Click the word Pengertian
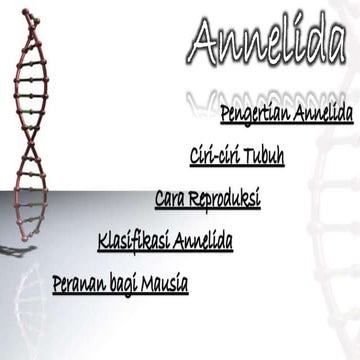(254, 114)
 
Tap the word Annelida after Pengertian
(322, 114)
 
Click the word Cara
(171, 200)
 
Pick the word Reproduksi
(226, 200)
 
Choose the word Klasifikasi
(134, 242)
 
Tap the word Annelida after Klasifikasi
(203, 242)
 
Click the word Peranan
(79, 284)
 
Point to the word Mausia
(165, 284)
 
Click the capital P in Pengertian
(226, 113)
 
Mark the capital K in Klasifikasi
(103, 241)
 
